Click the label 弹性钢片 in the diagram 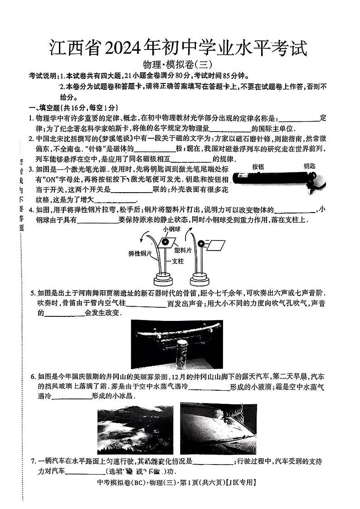point(140,254)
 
